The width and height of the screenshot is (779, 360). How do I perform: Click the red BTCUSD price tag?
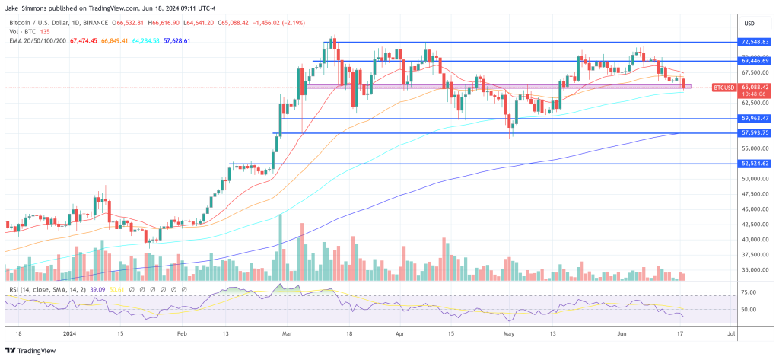(723, 88)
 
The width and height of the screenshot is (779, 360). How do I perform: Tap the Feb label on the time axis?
(181, 333)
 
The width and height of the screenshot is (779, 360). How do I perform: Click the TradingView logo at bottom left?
(34, 350)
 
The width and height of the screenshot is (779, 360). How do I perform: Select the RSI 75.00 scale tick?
(749, 292)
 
